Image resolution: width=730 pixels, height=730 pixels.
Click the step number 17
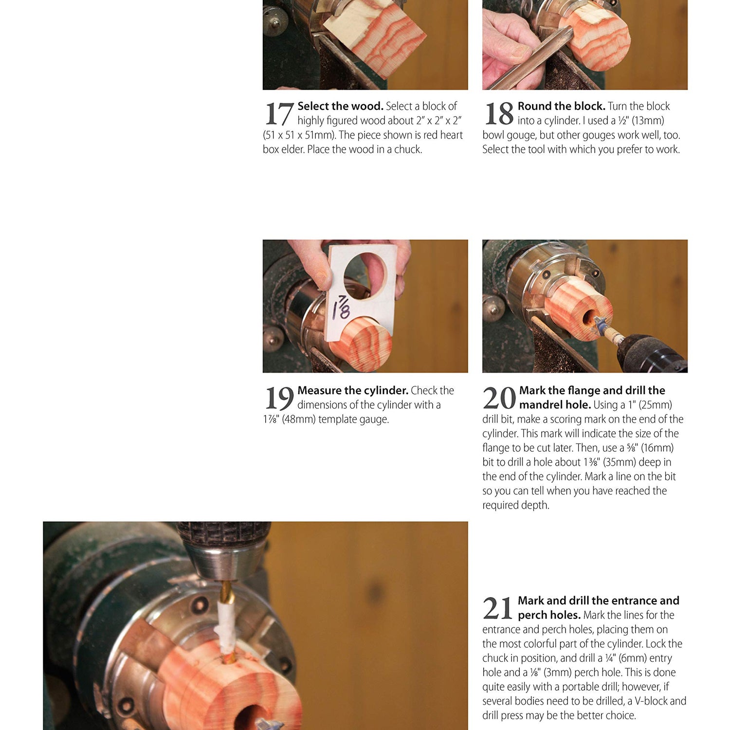click(279, 114)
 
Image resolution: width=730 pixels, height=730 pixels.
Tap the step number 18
click(499, 114)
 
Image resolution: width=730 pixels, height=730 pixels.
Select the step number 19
click(279, 399)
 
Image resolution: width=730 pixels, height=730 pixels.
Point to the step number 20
click(499, 399)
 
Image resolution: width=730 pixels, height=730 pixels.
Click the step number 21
click(498, 609)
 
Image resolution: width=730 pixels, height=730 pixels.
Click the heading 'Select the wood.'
click(340, 106)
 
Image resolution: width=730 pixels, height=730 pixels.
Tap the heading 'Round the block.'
click(561, 106)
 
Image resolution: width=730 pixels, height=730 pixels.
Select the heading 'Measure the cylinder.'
click(352, 390)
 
